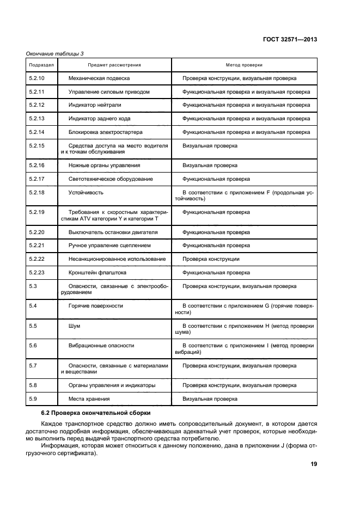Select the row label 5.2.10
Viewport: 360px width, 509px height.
tap(36, 78)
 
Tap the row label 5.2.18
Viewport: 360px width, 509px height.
tap(36, 192)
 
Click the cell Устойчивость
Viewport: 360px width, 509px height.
tap(86, 192)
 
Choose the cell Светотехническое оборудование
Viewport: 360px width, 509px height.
tap(110, 179)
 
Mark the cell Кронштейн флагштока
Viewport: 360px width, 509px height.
tap(97, 272)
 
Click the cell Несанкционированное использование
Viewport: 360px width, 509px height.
tap(117, 259)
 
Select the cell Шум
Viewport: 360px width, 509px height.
tap(75, 326)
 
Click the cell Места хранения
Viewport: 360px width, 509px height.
tap(89, 399)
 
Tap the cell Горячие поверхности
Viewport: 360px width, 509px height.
tap(95, 306)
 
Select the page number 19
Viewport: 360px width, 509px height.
tap(314, 464)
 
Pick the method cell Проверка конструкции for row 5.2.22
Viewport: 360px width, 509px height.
tap(211, 259)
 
